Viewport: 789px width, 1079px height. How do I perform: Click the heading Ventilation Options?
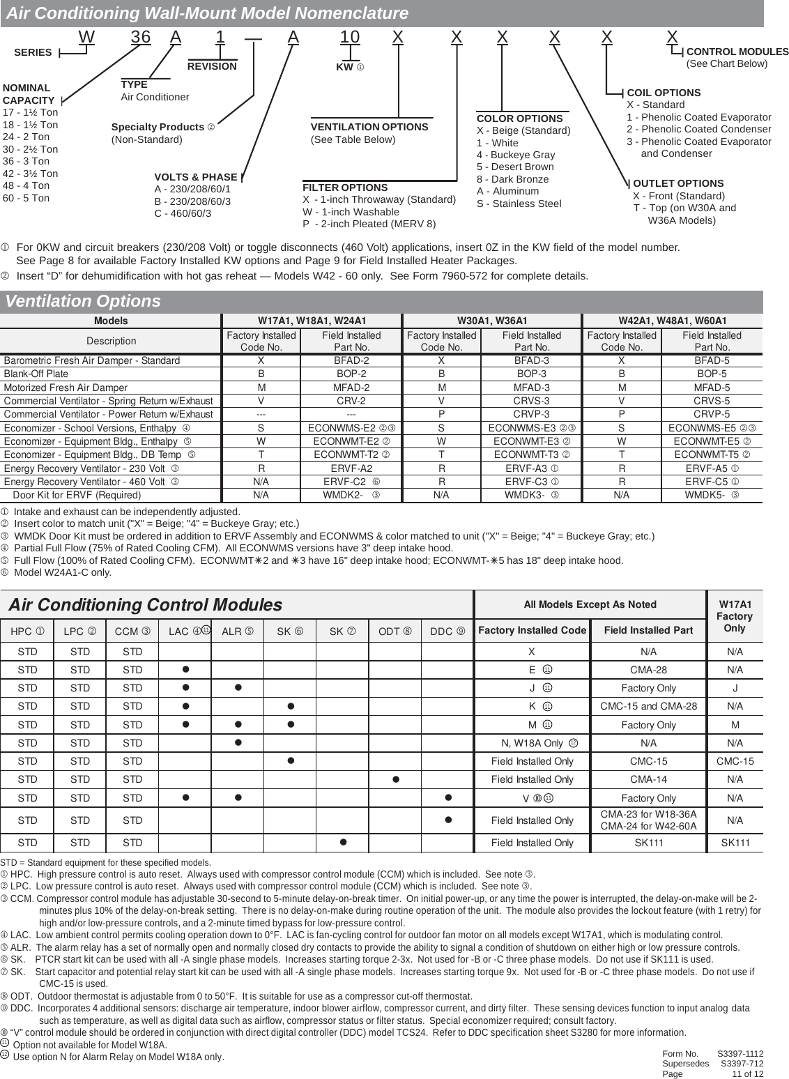coord(83,301)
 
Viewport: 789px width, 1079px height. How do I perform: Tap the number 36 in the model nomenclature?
coord(141,37)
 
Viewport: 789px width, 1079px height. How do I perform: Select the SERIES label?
coord(33,52)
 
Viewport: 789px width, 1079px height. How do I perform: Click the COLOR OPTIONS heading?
coord(519,118)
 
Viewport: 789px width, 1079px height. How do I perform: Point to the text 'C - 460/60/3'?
coord(183,213)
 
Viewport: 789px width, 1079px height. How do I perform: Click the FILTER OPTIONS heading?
coord(345,188)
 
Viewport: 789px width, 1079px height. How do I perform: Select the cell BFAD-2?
coord(351,360)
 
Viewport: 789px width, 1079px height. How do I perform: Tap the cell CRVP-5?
coord(711,414)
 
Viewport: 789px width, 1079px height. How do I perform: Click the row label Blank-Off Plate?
coord(36,374)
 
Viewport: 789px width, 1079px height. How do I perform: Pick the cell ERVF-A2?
coord(351,468)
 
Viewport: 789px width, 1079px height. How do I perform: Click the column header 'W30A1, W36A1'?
coord(491,321)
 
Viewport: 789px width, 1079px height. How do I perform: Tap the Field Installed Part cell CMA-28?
coord(648,670)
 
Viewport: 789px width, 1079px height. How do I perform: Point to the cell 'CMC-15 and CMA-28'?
coord(648,706)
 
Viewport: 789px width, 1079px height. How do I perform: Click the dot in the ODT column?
coord(395,779)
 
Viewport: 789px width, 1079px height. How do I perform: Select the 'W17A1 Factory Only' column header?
coord(735,616)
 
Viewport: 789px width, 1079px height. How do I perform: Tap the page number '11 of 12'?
coord(747,1073)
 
